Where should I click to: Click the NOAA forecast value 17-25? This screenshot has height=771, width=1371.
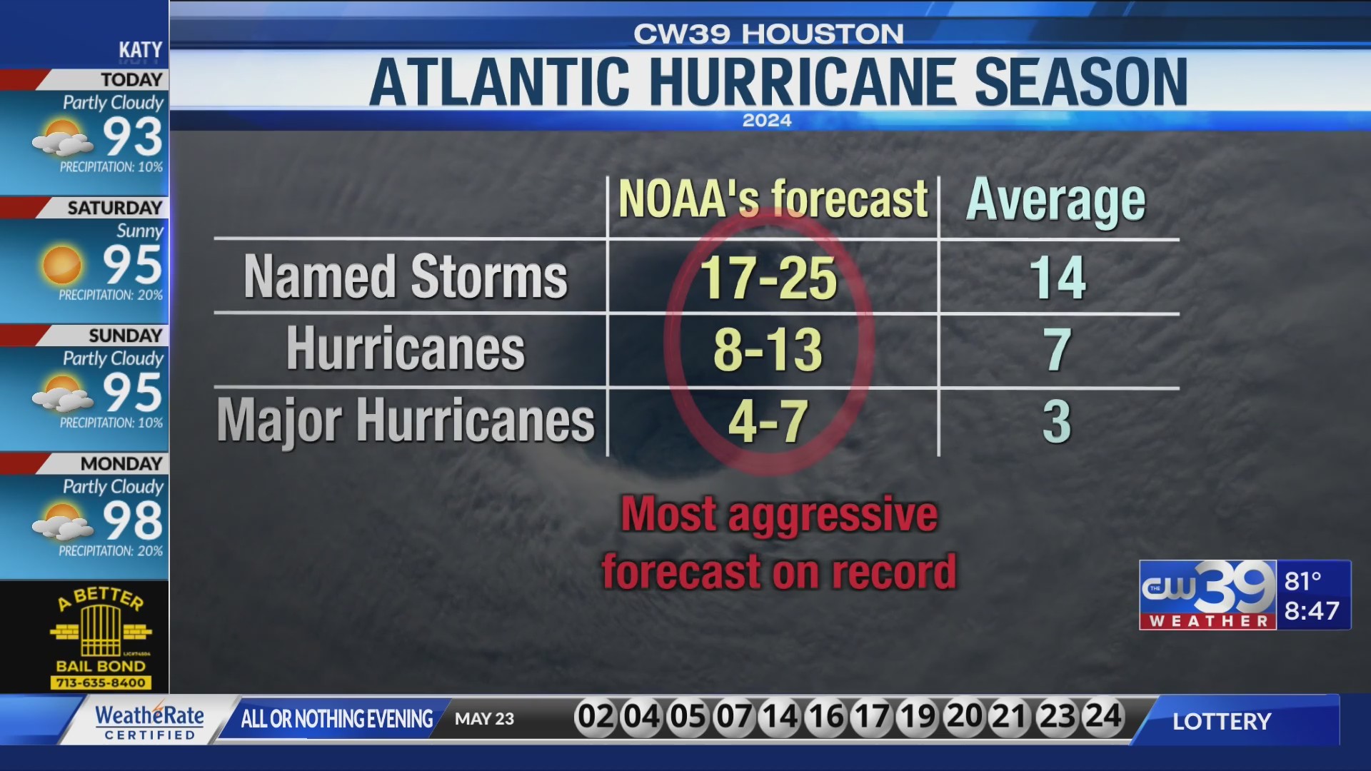[x=768, y=278]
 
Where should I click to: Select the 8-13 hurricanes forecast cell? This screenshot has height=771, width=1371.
[x=768, y=351]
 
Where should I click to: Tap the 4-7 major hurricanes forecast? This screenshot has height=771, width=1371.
[x=768, y=422]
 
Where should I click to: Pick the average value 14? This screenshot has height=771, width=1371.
[x=1058, y=278]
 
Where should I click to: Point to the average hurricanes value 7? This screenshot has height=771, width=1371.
[x=1058, y=351]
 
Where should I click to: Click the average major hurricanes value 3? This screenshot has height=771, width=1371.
[x=1058, y=422]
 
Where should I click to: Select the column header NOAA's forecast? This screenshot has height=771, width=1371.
[x=773, y=199]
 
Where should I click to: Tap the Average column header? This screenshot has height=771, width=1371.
[x=1055, y=201]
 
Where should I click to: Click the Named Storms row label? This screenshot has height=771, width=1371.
[x=406, y=277]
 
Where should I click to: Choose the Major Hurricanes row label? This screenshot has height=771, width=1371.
[x=406, y=421]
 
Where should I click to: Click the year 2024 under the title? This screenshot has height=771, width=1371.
[x=767, y=121]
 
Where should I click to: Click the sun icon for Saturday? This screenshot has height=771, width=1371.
[x=62, y=265]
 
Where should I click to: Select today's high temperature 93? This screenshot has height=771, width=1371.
[x=133, y=136]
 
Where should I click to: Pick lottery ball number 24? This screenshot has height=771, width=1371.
[x=1103, y=716]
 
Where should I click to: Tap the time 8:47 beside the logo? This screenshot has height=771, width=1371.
[x=1312, y=611]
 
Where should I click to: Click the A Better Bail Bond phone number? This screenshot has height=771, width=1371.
[x=101, y=683]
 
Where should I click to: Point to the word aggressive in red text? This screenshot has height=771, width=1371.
[x=833, y=515]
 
